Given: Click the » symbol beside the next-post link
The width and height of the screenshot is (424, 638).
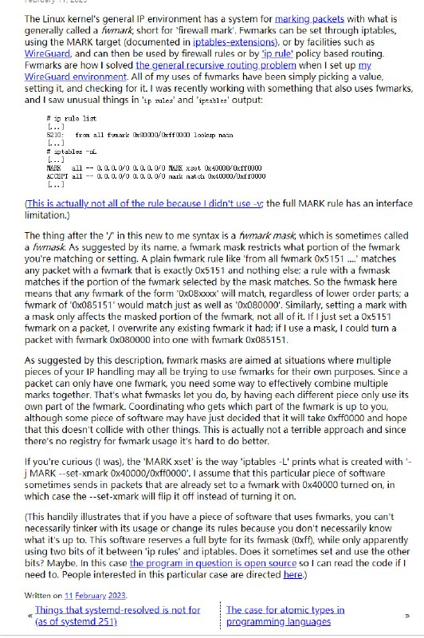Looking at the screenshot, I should point(406,616).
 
